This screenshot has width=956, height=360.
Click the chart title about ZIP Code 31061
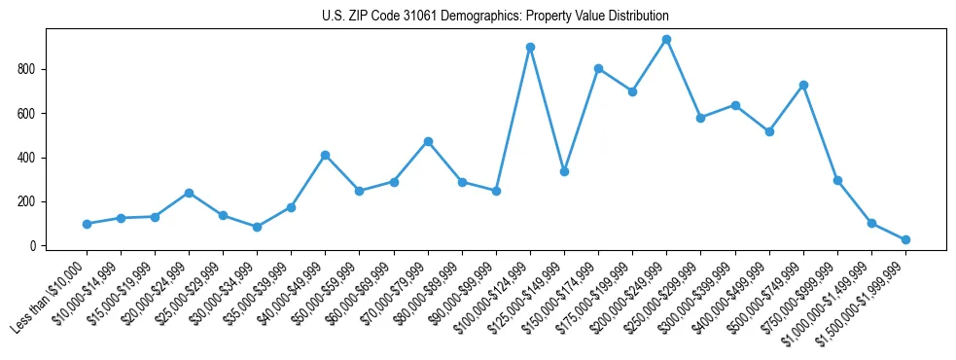[495, 17]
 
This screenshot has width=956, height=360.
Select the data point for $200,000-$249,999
[666, 40]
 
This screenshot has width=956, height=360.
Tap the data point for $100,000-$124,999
[530, 47]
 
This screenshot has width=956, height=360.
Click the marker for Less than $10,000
[87, 224]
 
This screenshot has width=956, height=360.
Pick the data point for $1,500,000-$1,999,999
[905, 239]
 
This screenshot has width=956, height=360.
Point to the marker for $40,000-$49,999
[325, 156]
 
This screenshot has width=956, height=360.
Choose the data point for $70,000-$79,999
[428, 142]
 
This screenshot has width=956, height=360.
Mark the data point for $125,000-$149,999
[564, 171]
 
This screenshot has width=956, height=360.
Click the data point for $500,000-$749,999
[803, 86]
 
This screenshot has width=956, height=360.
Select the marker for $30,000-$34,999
[257, 227]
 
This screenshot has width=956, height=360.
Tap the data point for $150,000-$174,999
[598, 69]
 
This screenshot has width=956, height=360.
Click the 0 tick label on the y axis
[32, 246]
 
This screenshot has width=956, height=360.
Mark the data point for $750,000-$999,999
[837, 181]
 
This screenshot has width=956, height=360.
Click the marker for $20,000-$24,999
[189, 193]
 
